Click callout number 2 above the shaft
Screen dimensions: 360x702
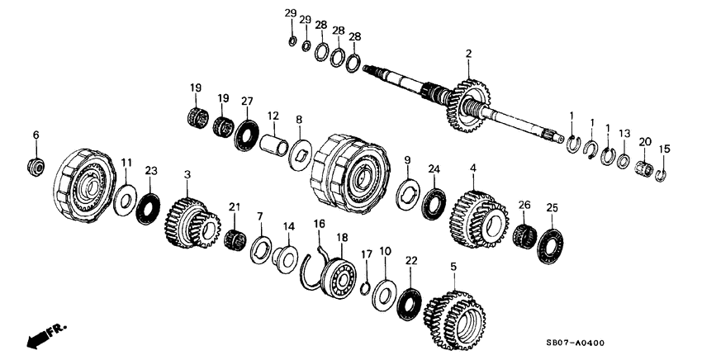pyautogui.click(x=468, y=54)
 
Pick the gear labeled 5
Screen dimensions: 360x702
pyautogui.click(x=455, y=318)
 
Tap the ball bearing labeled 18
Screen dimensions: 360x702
pyautogui.click(x=336, y=272)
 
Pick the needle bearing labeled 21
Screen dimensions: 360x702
pyautogui.click(x=235, y=240)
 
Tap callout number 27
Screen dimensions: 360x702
pyautogui.click(x=245, y=100)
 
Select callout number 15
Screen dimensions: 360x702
pyautogui.click(x=666, y=149)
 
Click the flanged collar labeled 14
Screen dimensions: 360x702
pyautogui.click(x=287, y=255)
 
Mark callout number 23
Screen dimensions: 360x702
pyautogui.click(x=150, y=171)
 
